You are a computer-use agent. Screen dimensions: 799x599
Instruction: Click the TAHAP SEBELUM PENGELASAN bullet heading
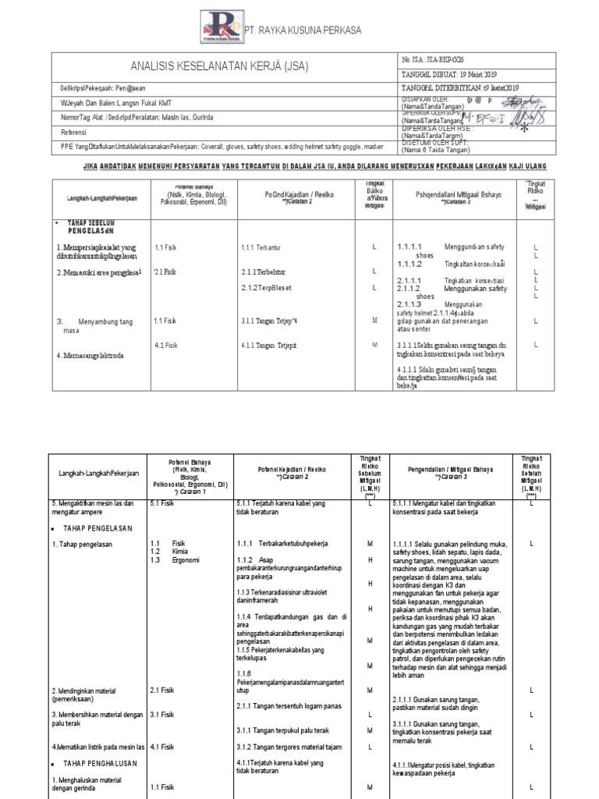click(88, 226)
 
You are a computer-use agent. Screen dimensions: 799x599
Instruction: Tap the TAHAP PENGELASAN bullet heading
click(98, 528)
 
